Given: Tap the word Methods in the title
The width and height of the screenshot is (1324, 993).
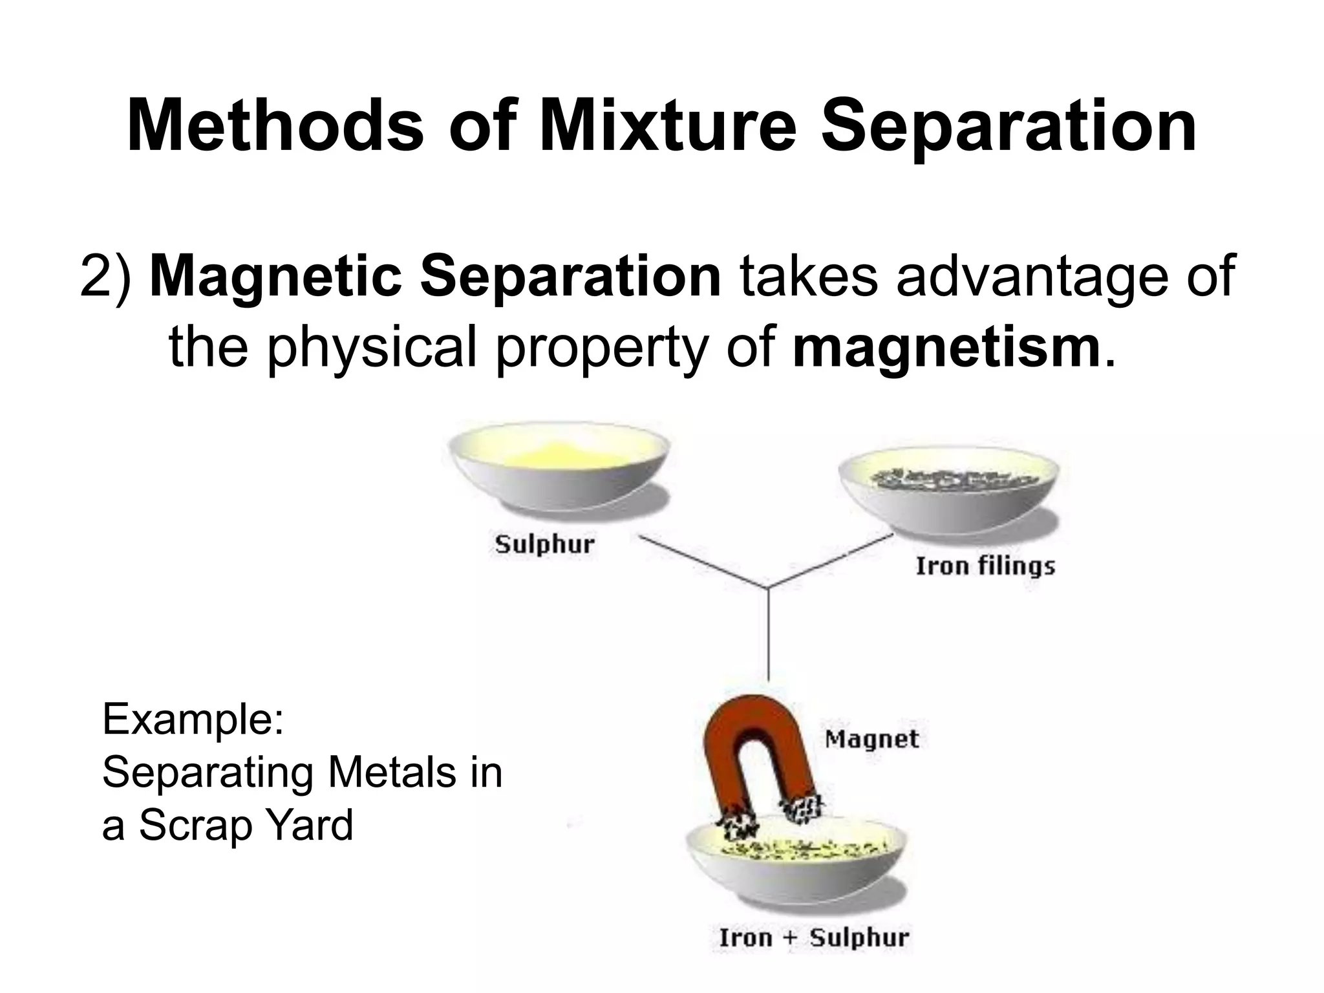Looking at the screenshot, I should [275, 126].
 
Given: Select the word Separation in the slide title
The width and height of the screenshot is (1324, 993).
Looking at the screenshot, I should [1008, 126].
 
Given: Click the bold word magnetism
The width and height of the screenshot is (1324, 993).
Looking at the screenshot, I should [946, 348].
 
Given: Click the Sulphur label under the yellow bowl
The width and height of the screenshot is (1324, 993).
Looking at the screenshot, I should [544, 544].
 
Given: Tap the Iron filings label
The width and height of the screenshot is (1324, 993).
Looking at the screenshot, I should [985, 566].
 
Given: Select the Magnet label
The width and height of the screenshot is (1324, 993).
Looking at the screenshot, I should [871, 739].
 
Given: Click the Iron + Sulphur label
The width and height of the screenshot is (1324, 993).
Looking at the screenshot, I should [814, 937].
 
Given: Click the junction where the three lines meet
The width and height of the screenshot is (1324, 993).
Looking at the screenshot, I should [768, 588].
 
